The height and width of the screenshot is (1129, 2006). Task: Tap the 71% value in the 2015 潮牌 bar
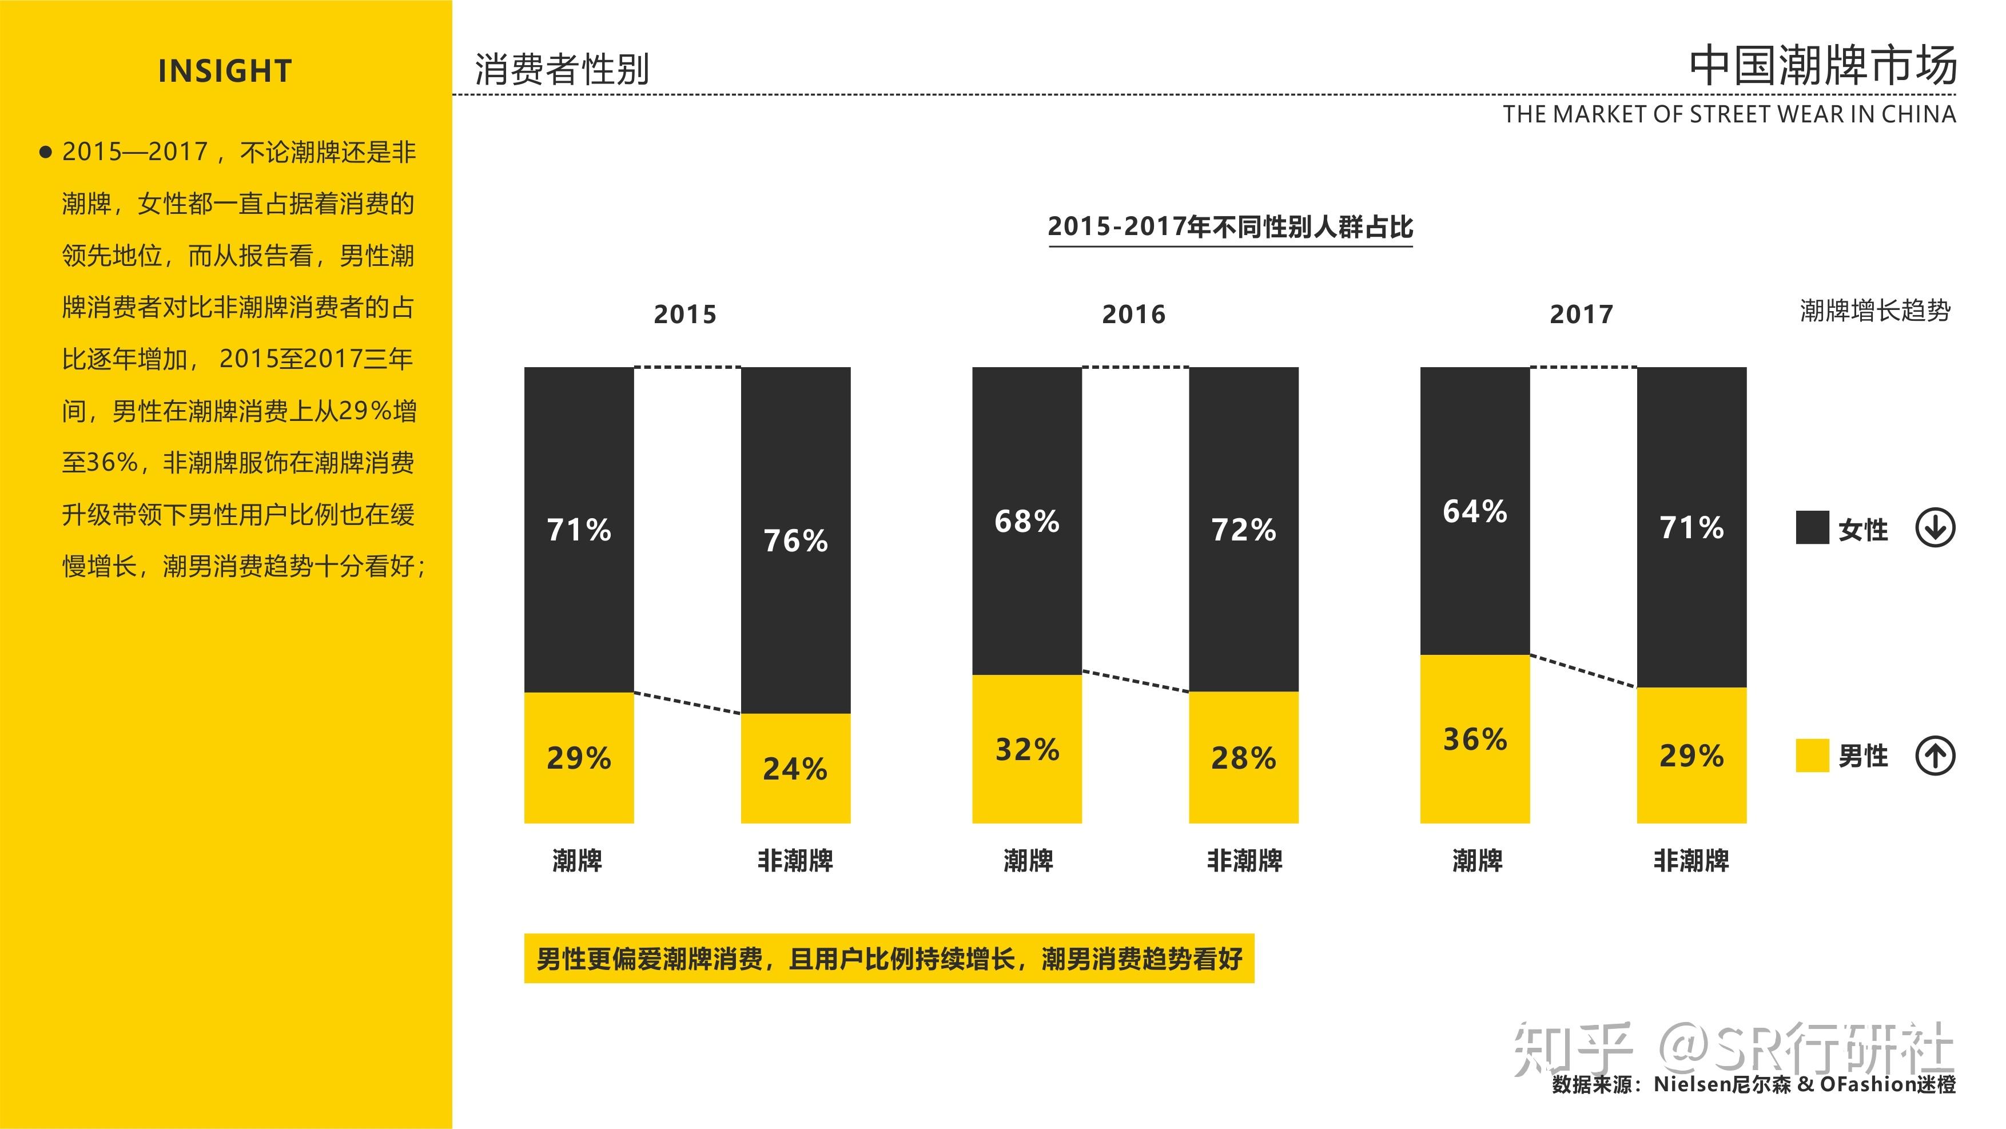tap(579, 530)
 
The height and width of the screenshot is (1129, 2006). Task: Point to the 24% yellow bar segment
tap(795, 769)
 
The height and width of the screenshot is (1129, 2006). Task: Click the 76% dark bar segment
tap(795, 540)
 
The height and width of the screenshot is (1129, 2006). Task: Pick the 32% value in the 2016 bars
tap(1026, 749)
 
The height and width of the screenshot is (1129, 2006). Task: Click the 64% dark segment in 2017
tap(1474, 511)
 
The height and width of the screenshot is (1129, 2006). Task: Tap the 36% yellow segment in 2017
tap(1474, 739)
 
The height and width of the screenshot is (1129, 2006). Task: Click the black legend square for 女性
tap(1812, 528)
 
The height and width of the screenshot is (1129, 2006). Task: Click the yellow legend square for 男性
tap(1812, 756)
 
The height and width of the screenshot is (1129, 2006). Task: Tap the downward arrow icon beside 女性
tap(1935, 528)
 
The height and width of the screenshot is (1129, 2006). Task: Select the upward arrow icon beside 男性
tap(1935, 756)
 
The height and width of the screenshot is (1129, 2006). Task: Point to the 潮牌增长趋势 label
tap(1874, 311)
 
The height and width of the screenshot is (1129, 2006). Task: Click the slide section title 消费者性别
tap(562, 69)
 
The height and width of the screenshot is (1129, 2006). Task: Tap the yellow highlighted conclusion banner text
tap(889, 959)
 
